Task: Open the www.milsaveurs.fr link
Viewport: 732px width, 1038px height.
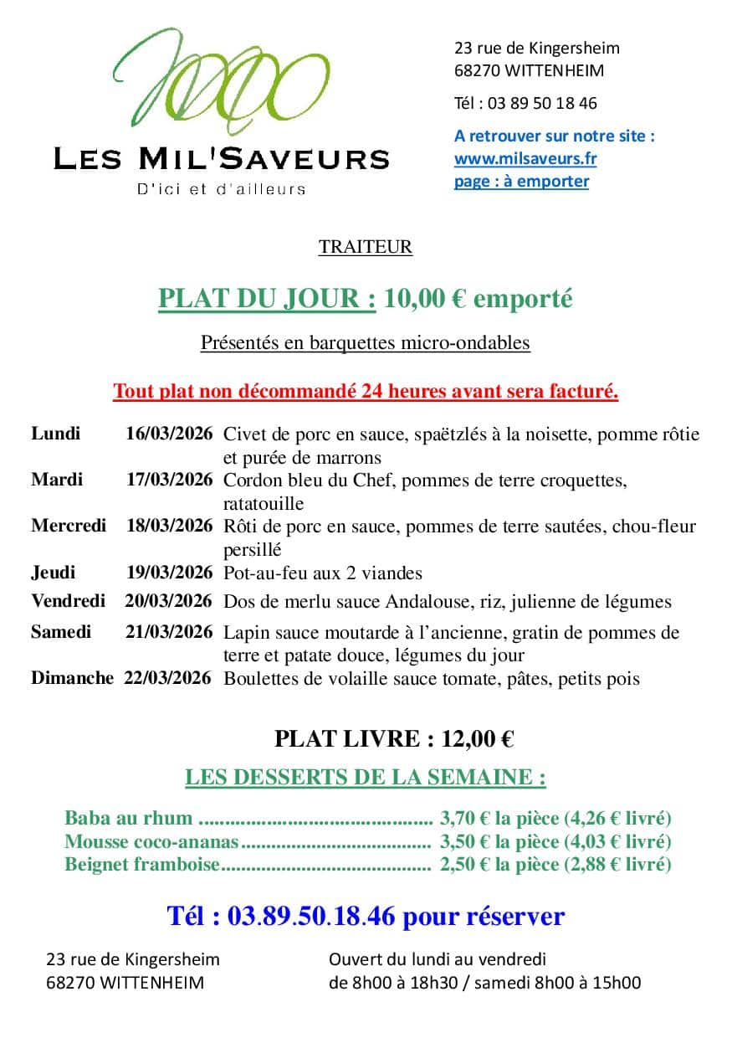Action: [525, 158]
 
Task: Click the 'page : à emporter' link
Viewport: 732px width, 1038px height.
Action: [521, 181]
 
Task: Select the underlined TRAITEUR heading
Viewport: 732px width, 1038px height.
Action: [366, 246]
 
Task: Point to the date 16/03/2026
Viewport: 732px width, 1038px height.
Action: [169, 434]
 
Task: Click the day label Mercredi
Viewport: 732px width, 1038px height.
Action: [69, 526]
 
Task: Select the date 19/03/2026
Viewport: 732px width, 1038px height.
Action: [169, 573]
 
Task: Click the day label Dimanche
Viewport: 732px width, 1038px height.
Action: [72, 678]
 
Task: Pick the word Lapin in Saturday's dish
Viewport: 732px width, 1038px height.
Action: [244, 632]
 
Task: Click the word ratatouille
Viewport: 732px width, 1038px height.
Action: [264, 504]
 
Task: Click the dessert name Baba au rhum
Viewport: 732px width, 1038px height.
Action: [128, 818]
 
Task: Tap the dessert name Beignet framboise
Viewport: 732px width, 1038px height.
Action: [141, 865]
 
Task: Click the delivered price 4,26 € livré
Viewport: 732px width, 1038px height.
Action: [619, 818]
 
